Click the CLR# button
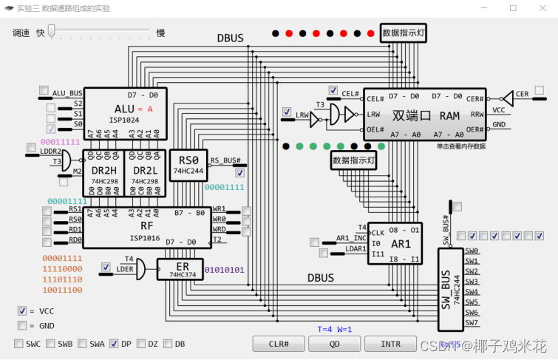coord(278,344)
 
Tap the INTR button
coord(390,344)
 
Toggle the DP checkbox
coord(114,344)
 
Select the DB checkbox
coord(168,344)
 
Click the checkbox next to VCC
coord(22,311)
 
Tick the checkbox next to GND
coord(22,325)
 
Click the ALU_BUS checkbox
coord(44,90)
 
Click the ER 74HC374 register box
coord(179,270)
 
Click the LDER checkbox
coord(106,267)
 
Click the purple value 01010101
coord(224,270)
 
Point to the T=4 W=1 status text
coord(335,329)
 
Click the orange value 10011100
coord(61,291)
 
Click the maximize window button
coord(513,8)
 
